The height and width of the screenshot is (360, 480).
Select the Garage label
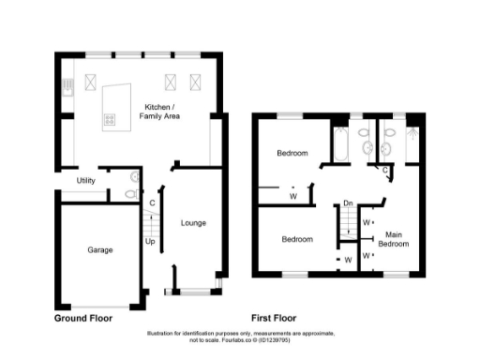tap(100, 250)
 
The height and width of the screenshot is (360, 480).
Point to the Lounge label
tap(193, 222)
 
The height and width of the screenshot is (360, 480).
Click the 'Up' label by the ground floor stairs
tap(150, 241)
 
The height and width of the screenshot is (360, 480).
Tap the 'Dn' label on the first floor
tap(348, 202)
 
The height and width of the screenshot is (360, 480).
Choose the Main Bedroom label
tap(395, 238)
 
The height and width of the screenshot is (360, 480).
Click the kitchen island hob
tap(109, 119)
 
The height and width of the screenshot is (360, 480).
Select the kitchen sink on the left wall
tap(67, 89)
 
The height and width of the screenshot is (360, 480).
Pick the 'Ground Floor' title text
tap(82, 318)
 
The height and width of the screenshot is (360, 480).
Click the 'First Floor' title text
tap(277, 318)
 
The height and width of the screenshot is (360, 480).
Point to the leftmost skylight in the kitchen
tap(91, 81)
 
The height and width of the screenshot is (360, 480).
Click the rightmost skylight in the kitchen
tap(196, 81)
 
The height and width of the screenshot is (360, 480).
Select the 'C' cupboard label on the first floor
tap(386, 170)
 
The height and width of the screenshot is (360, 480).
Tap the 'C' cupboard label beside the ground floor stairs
tap(151, 203)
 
